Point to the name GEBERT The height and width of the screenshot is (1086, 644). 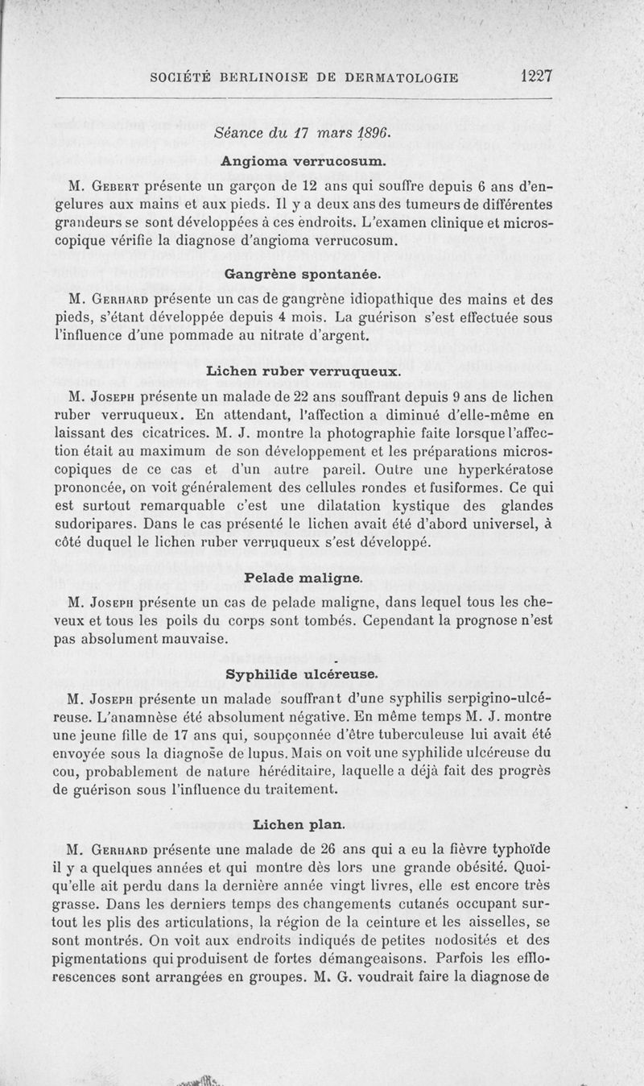117,187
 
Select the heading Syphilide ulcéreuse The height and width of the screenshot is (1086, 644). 302,672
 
